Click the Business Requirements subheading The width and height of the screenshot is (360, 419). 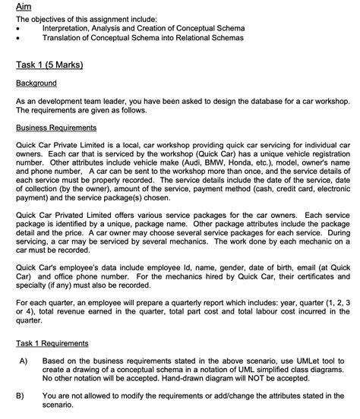[56, 127]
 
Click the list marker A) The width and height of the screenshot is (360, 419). [21, 361]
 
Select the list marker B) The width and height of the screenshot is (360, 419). [21, 395]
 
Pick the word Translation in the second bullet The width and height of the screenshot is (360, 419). [64, 36]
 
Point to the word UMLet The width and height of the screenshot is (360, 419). [302, 361]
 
